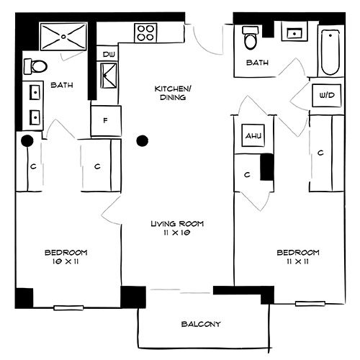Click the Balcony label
click(202, 324)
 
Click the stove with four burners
click(146, 32)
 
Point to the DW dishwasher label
click(109, 55)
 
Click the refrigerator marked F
click(106, 120)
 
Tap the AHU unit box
click(252, 136)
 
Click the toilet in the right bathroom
click(251, 38)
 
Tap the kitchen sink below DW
click(110, 74)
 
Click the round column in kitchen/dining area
click(143, 140)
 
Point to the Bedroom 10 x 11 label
click(66, 256)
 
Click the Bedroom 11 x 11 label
click(297, 256)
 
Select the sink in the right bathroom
click(294, 33)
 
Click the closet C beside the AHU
click(247, 174)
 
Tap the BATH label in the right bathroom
click(257, 63)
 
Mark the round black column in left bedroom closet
click(27, 140)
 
